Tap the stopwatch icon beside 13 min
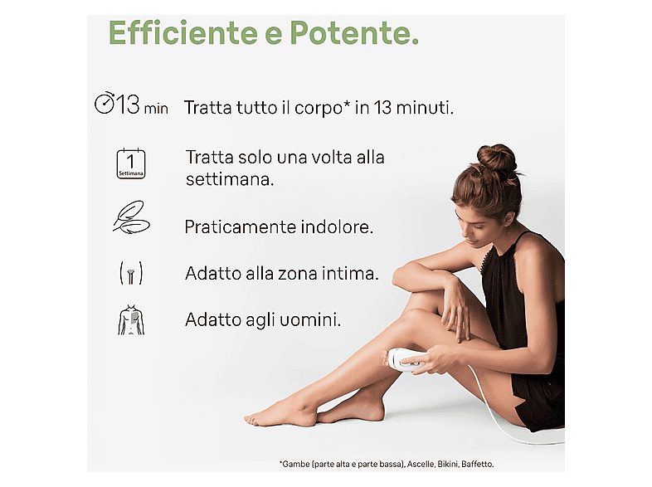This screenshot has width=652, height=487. point(105,105)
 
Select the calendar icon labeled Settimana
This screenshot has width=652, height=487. point(131,163)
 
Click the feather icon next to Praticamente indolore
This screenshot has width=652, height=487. point(131,217)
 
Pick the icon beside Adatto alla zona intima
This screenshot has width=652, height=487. point(131,272)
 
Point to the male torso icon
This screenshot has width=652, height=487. point(131,319)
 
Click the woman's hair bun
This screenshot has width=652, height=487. point(496,157)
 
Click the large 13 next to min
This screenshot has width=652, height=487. point(129,105)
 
